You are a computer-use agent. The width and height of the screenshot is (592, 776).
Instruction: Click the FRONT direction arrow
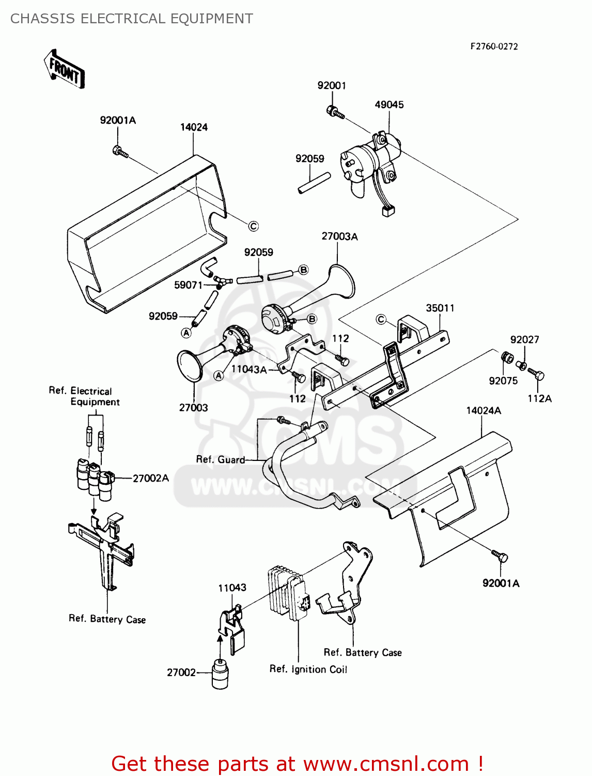point(64,69)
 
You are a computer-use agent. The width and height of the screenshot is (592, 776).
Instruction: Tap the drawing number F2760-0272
point(493,46)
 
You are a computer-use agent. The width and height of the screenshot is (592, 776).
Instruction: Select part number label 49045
point(389,105)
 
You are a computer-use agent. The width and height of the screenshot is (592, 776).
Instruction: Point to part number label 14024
point(194,127)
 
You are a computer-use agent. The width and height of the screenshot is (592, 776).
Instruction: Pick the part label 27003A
point(339,236)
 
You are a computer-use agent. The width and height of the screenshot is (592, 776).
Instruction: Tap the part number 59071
point(188,285)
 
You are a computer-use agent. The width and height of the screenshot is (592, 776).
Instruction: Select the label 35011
point(440,308)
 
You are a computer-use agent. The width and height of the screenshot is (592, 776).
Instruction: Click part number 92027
point(524,340)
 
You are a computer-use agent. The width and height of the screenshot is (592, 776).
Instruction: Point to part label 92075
point(503,381)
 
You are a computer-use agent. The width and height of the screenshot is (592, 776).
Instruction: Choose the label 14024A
point(484,411)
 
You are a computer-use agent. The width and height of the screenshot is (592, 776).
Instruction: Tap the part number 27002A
point(151,478)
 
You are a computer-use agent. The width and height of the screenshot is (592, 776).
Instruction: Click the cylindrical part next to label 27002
point(220,674)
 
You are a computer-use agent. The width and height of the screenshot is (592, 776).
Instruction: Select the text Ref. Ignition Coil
point(308,669)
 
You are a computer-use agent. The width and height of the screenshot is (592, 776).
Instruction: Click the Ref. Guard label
point(221,459)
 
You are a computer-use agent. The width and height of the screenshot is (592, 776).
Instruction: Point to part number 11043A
point(248,369)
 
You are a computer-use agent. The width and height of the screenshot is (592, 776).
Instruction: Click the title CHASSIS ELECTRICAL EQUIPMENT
point(132,19)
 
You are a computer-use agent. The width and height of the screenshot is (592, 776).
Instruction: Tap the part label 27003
point(193,408)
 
